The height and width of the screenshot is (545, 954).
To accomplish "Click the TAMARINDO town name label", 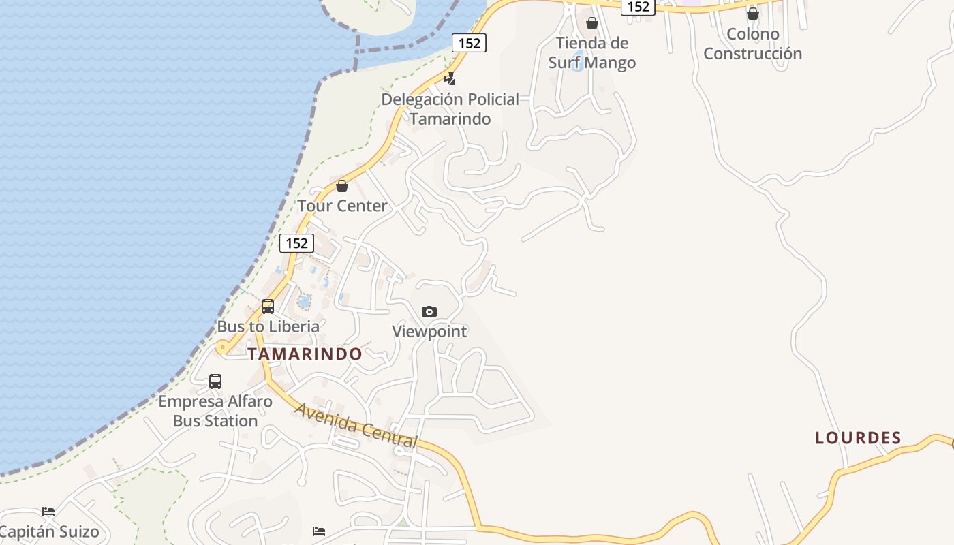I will click(305, 354).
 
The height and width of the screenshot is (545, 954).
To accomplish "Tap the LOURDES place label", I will click(858, 438).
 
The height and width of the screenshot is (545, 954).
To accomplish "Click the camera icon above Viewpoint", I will click(429, 311).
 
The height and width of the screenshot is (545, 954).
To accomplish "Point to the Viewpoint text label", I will click(429, 332).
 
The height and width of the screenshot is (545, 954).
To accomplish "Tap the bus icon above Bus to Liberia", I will click(268, 307).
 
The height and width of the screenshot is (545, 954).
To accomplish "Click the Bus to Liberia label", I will click(268, 326).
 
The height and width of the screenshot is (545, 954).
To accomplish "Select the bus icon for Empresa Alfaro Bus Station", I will click(215, 381).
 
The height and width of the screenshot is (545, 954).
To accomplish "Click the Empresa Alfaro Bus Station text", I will click(215, 411).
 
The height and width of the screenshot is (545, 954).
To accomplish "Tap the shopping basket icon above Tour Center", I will click(342, 186).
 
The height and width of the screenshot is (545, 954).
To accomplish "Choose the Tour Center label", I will click(342, 206).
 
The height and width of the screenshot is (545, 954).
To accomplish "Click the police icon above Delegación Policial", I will click(449, 78).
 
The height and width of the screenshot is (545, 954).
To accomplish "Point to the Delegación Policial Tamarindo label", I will click(450, 109).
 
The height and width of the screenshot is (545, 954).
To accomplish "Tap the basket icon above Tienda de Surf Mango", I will click(592, 23).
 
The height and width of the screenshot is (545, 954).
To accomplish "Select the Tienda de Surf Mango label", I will click(592, 52).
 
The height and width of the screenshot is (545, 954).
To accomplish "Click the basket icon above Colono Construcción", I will click(752, 14).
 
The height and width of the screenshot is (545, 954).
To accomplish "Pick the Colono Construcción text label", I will click(752, 44).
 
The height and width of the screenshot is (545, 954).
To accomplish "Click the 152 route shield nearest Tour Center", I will click(296, 243).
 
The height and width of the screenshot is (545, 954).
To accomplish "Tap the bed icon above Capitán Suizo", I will click(48, 512).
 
